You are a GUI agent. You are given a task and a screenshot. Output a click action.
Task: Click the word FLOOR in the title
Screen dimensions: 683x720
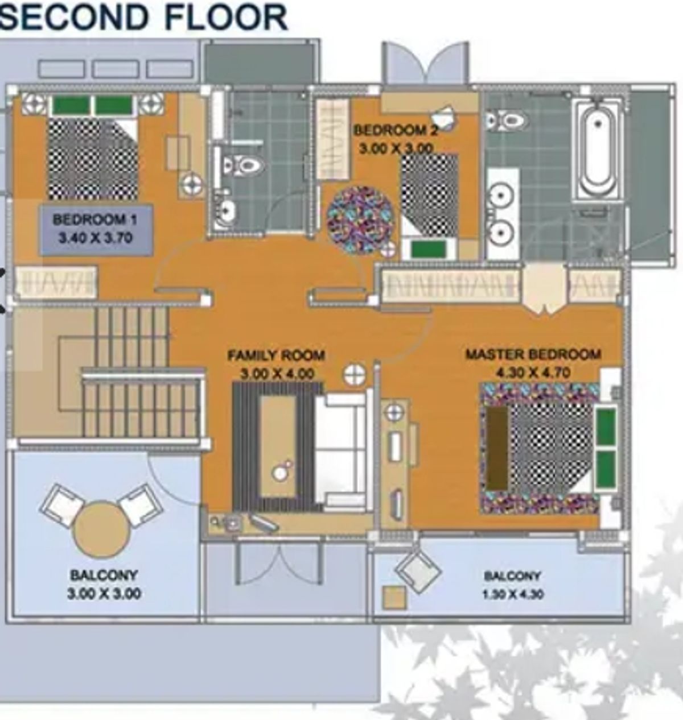[x=225, y=17]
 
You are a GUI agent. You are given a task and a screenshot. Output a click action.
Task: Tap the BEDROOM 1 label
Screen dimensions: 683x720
[x=95, y=220]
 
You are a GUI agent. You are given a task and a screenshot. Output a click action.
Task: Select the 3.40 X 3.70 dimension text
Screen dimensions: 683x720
[x=95, y=238]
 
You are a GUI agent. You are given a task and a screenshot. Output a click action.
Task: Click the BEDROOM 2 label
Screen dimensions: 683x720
[x=396, y=130]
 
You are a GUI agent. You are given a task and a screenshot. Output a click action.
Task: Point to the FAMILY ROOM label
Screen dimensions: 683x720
[x=277, y=355]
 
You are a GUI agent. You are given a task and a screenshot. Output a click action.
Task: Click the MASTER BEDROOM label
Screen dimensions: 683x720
[x=533, y=354]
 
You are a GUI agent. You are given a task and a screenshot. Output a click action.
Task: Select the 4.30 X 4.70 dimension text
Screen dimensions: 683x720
[x=533, y=373]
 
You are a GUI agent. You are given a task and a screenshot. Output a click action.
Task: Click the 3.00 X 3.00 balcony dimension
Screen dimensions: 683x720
[x=104, y=593]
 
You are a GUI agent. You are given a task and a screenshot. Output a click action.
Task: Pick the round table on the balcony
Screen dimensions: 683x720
[x=102, y=529]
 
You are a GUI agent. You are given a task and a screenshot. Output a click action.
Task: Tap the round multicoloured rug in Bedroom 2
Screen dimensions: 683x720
[x=360, y=219]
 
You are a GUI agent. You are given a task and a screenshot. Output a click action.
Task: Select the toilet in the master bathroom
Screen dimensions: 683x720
[x=508, y=120]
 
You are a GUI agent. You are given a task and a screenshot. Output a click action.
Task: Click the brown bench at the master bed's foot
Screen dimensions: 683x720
[x=497, y=448]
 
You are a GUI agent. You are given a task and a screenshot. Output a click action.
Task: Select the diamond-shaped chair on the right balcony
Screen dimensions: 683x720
[x=418, y=570]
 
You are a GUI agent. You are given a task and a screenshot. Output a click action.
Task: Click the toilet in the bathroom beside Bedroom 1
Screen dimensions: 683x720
[x=242, y=165]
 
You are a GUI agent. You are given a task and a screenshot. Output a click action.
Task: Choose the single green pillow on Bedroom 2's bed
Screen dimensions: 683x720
[x=428, y=250]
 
